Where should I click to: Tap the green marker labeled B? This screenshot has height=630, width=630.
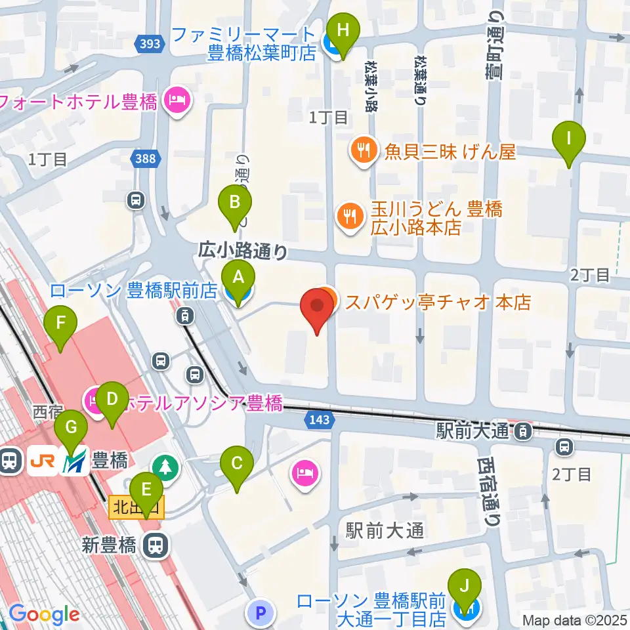[235, 204]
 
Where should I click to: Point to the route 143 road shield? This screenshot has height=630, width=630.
[318, 417]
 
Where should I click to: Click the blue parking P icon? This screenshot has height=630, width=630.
[260, 613]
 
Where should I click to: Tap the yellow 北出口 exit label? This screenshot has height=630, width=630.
[136, 507]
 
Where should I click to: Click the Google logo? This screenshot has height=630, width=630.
[45, 614]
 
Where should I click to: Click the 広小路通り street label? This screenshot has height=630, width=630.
[243, 250]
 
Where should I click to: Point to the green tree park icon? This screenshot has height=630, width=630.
[164, 467]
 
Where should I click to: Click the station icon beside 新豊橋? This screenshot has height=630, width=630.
[155, 544]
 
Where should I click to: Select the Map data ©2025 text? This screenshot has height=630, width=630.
[575, 619]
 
